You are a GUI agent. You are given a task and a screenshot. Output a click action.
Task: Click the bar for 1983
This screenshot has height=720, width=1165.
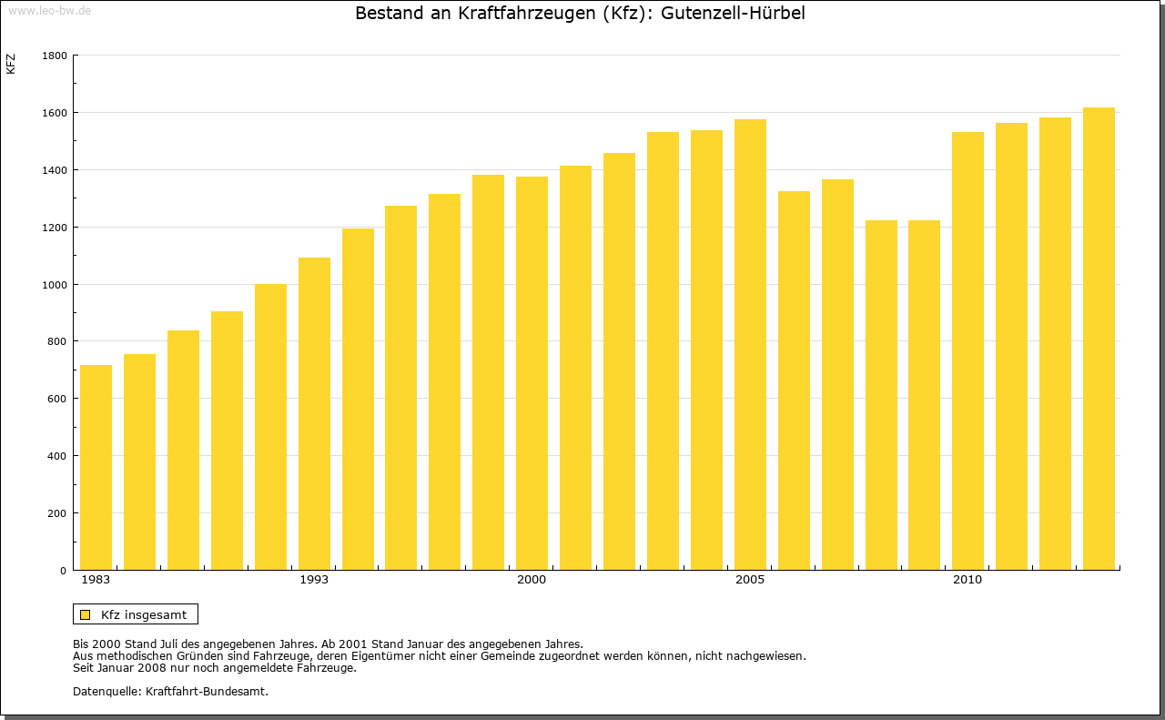(96, 468)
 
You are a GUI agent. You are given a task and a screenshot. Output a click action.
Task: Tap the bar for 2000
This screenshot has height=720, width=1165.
(532, 373)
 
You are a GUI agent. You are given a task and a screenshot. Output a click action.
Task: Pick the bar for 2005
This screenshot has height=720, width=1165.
(750, 345)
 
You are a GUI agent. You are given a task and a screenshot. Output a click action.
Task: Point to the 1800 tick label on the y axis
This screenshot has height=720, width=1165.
(55, 56)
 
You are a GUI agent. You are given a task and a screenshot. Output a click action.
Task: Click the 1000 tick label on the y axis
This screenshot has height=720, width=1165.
(55, 284)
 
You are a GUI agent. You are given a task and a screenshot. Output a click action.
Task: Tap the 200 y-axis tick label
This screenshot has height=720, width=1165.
(57, 513)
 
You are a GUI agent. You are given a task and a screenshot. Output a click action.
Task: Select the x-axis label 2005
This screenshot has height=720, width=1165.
(750, 580)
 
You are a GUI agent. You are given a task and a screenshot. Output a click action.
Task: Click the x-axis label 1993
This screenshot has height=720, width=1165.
(314, 580)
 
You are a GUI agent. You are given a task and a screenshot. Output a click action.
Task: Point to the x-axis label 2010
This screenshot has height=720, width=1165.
(967, 580)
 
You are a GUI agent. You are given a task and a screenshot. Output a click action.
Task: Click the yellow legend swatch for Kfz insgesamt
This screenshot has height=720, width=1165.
(85, 614)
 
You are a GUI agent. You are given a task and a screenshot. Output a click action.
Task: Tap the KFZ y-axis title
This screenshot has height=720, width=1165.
(11, 64)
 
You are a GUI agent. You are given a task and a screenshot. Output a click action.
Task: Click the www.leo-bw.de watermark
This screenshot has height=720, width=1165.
(49, 10)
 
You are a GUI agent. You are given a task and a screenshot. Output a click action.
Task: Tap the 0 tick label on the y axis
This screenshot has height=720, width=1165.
(64, 571)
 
